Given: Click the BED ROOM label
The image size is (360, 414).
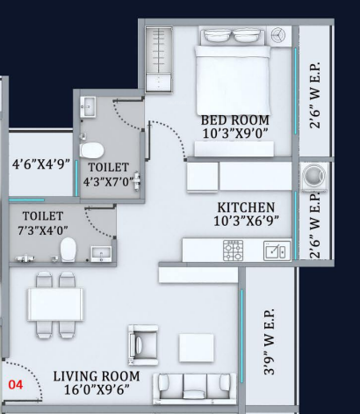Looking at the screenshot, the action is coord(234,120).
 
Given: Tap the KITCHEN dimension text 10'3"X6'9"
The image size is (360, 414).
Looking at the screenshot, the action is coord(246,221).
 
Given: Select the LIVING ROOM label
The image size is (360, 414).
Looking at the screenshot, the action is coord(97,376).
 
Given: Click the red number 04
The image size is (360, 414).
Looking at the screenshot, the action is coord(16,384).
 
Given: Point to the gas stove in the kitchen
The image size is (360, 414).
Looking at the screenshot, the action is coord(233,251).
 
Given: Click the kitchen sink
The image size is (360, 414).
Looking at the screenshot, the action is coord(277,251).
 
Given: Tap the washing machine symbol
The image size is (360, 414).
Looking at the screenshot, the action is coord(314,177).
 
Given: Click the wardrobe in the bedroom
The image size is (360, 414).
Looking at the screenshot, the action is coord(159,60).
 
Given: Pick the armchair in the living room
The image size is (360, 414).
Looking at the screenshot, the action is coord(143,345).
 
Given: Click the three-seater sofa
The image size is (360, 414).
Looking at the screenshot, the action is coord(194,389).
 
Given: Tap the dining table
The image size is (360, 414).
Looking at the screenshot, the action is coord(55,304).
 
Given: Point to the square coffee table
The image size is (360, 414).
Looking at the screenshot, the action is coord(196,347).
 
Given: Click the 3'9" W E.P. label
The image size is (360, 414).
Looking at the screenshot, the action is coord(270,341).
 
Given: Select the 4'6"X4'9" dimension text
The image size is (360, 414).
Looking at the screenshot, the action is coord(41,163).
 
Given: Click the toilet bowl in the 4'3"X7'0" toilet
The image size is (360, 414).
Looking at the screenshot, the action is coord(91,150).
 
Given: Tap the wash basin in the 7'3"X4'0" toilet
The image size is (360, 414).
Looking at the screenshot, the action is coord(101,254).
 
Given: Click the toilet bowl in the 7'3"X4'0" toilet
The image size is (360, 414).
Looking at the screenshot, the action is coord(68,250).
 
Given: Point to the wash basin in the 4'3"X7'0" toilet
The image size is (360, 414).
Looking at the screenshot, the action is coord(88,107).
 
